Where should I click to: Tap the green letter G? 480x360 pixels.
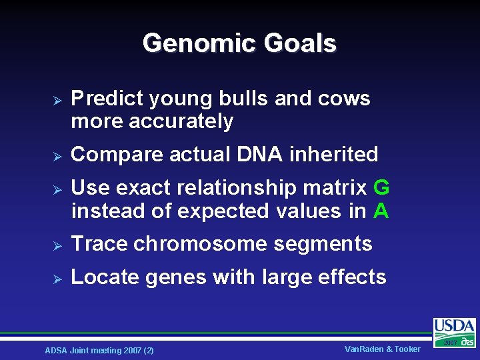[381, 188]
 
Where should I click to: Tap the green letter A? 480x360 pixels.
[381, 211]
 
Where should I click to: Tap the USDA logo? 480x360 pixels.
[455, 331]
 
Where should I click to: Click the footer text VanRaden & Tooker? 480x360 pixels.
[383, 349]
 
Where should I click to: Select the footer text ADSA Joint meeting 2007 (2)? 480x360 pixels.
[99, 350]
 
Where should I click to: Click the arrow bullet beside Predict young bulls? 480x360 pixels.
[57, 99]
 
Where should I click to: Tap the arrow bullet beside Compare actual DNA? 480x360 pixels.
[57, 155]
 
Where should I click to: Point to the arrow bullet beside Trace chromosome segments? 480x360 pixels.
[57, 245]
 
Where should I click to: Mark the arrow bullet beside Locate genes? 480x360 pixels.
[57, 277]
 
